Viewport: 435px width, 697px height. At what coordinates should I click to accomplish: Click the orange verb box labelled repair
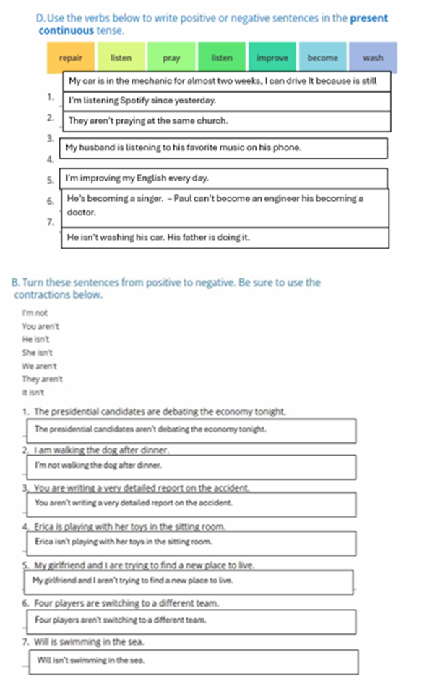coord(70,58)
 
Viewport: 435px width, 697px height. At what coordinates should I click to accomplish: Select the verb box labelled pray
coord(171,58)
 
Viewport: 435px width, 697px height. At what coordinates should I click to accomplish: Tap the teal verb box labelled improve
coord(272,58)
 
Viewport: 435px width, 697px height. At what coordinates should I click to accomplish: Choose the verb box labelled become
coord(322,58)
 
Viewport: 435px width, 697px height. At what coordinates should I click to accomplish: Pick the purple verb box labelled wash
coord(373,58)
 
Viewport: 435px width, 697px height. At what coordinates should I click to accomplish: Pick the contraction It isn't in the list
coord(33,393)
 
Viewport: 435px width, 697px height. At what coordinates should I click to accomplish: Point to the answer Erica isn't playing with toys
coord(124,541)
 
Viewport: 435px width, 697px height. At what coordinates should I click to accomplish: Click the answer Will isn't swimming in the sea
coord(91,660)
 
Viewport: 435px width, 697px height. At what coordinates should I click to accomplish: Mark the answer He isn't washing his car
coord(158,237)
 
